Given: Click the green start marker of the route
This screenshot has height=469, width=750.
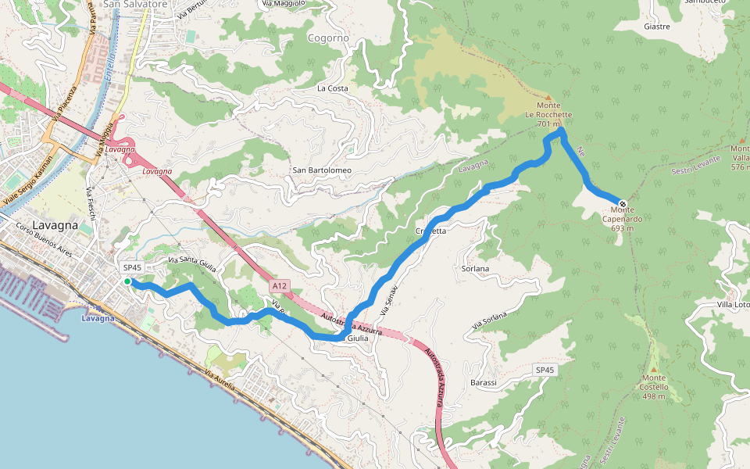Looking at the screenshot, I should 127,281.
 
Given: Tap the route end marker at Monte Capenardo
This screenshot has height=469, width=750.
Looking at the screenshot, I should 622,203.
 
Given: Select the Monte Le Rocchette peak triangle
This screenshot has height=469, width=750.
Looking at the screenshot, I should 548,98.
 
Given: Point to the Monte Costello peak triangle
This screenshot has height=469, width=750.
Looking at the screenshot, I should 654,369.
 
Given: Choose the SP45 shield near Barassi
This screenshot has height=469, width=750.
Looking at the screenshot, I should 545,369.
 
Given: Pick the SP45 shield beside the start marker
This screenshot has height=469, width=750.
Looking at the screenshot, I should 132,267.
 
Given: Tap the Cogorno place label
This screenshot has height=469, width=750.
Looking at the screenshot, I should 328,38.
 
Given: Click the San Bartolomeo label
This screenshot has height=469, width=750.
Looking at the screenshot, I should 322,170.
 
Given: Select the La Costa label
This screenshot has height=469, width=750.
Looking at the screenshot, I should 332,88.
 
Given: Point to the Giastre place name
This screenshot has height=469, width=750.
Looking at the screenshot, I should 656,26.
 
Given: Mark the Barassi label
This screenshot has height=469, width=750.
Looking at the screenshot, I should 484,382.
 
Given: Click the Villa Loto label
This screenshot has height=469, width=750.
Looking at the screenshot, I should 732,304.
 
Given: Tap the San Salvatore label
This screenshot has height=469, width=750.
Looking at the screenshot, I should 135,4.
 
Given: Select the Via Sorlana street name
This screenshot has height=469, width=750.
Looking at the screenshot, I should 489,320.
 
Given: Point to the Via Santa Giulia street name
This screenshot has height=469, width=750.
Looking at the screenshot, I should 191,261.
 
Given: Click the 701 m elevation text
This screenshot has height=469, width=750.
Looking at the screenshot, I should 549,124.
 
